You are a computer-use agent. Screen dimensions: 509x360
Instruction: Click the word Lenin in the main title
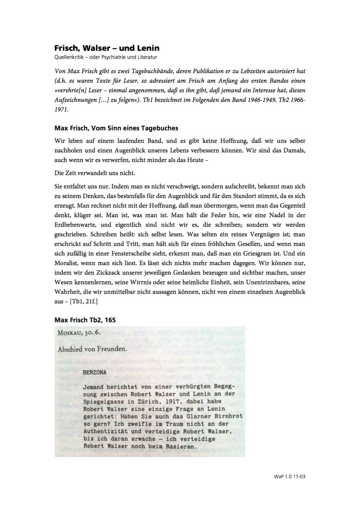(147, 48)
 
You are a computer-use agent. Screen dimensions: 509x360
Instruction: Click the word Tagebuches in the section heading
(160, 128)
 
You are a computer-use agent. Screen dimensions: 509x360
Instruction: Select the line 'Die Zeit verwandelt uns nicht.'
(95, 173)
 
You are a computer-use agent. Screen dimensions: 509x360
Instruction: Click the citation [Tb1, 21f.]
(83, 301)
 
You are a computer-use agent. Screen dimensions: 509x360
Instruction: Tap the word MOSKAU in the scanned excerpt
(69, 333)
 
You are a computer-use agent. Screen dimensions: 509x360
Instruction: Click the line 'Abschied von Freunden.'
(92, 349)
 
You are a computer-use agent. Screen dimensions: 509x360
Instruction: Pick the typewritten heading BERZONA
(94, 372)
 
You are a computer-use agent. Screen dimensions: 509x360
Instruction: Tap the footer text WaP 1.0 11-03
(290, 476)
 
